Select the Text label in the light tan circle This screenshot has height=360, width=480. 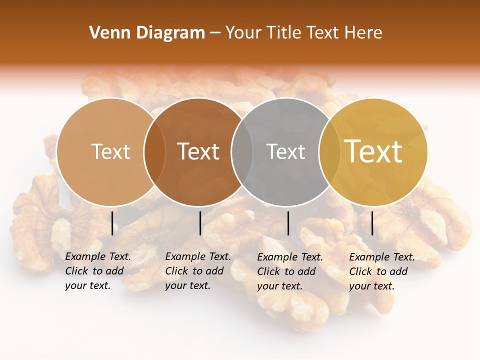[110, 151]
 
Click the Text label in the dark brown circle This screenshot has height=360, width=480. [198, 151]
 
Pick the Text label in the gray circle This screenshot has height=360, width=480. [285, 151]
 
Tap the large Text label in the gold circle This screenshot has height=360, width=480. [373, 151]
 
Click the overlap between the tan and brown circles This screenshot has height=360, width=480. [154, 152]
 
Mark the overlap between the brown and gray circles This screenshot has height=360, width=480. [242, 152]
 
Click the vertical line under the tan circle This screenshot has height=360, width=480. [112, 223]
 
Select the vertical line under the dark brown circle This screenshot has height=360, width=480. [200, 223]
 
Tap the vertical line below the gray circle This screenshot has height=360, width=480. [288, 223]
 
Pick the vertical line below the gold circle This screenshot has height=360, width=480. [372, 223]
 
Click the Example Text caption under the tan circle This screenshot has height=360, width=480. [97, 271]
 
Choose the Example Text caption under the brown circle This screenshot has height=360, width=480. [197, 271]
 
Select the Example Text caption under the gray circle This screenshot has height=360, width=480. [289, 271]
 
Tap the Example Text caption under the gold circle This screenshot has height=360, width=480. [381, 271]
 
